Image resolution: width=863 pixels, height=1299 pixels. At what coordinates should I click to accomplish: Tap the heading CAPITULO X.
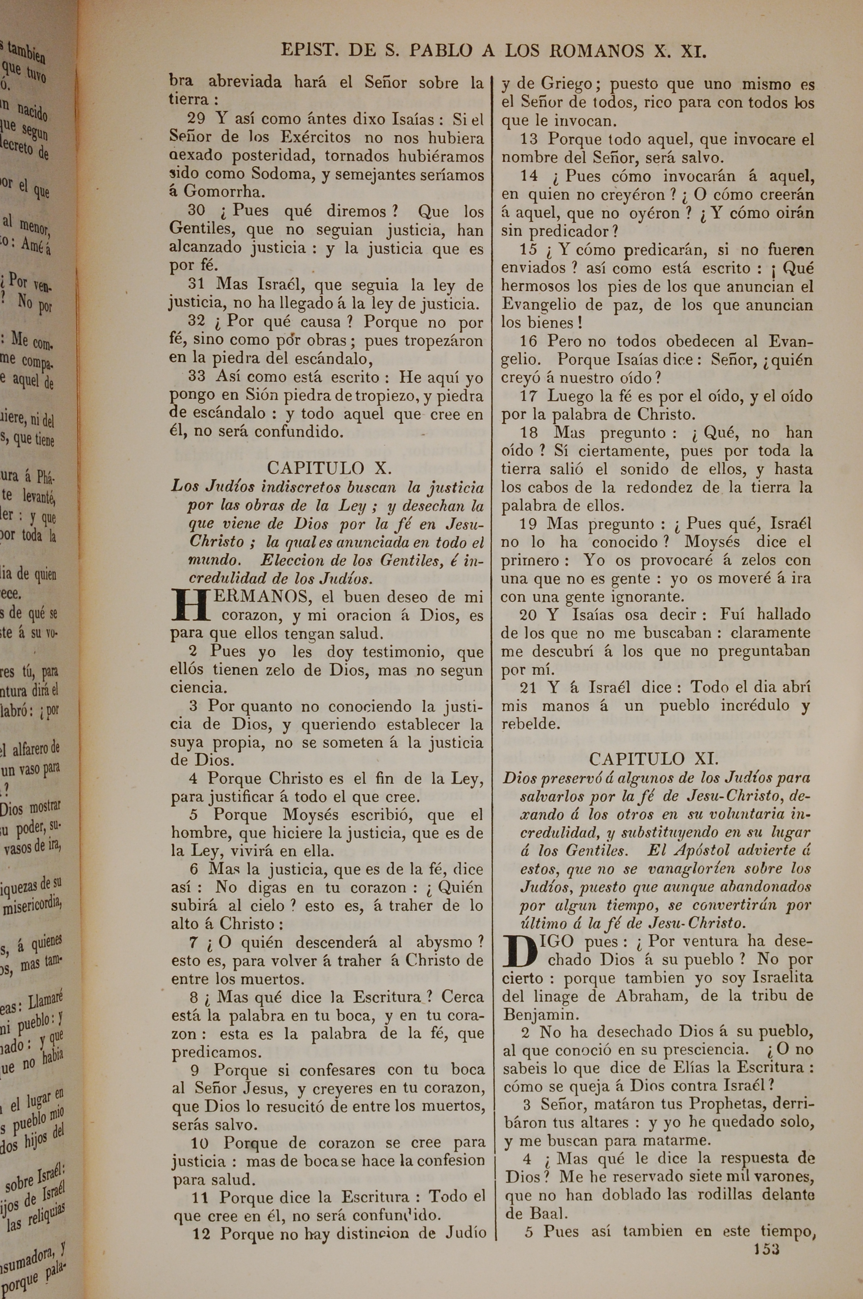(x=329, y=468)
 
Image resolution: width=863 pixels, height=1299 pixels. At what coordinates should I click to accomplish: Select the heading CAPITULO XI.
(x=653, y=759)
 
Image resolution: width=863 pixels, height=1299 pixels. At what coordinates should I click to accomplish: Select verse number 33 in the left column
(x=196, y=377)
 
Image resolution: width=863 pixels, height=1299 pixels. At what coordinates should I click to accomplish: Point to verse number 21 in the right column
(x=528, y=687)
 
